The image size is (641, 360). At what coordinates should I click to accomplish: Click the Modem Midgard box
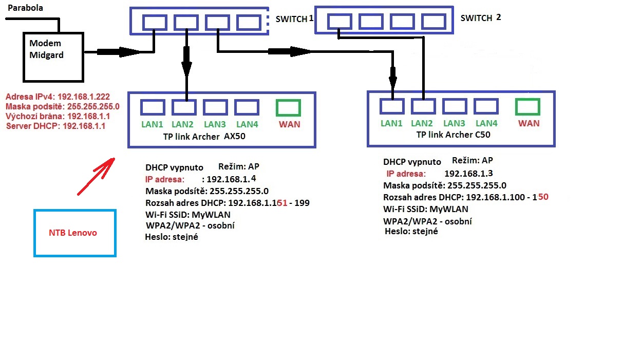[x=53, y=57]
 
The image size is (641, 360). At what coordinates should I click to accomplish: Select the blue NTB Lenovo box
[x=75, y=233]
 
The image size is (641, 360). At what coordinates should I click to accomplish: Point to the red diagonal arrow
[x=96, y=176]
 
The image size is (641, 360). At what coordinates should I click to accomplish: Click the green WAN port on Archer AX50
[x=288, y=107]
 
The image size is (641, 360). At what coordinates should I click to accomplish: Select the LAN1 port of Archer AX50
[x=153, y=107]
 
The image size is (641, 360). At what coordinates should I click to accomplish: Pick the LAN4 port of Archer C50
[x=486, y=106]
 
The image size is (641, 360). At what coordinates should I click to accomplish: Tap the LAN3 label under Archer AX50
[x=215, y=124]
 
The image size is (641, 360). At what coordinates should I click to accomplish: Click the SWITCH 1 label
[x=294, y=18]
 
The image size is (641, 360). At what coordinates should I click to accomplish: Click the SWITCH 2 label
[x=480, y=18]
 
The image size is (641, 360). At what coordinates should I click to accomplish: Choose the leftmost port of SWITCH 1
[x=155, y=22]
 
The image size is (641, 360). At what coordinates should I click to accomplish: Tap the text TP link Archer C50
[x=453, y=135]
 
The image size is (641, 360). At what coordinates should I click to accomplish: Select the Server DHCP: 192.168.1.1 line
[x=55, y=126]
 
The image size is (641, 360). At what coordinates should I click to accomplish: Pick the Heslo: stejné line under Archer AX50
[x=172, y=237]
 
